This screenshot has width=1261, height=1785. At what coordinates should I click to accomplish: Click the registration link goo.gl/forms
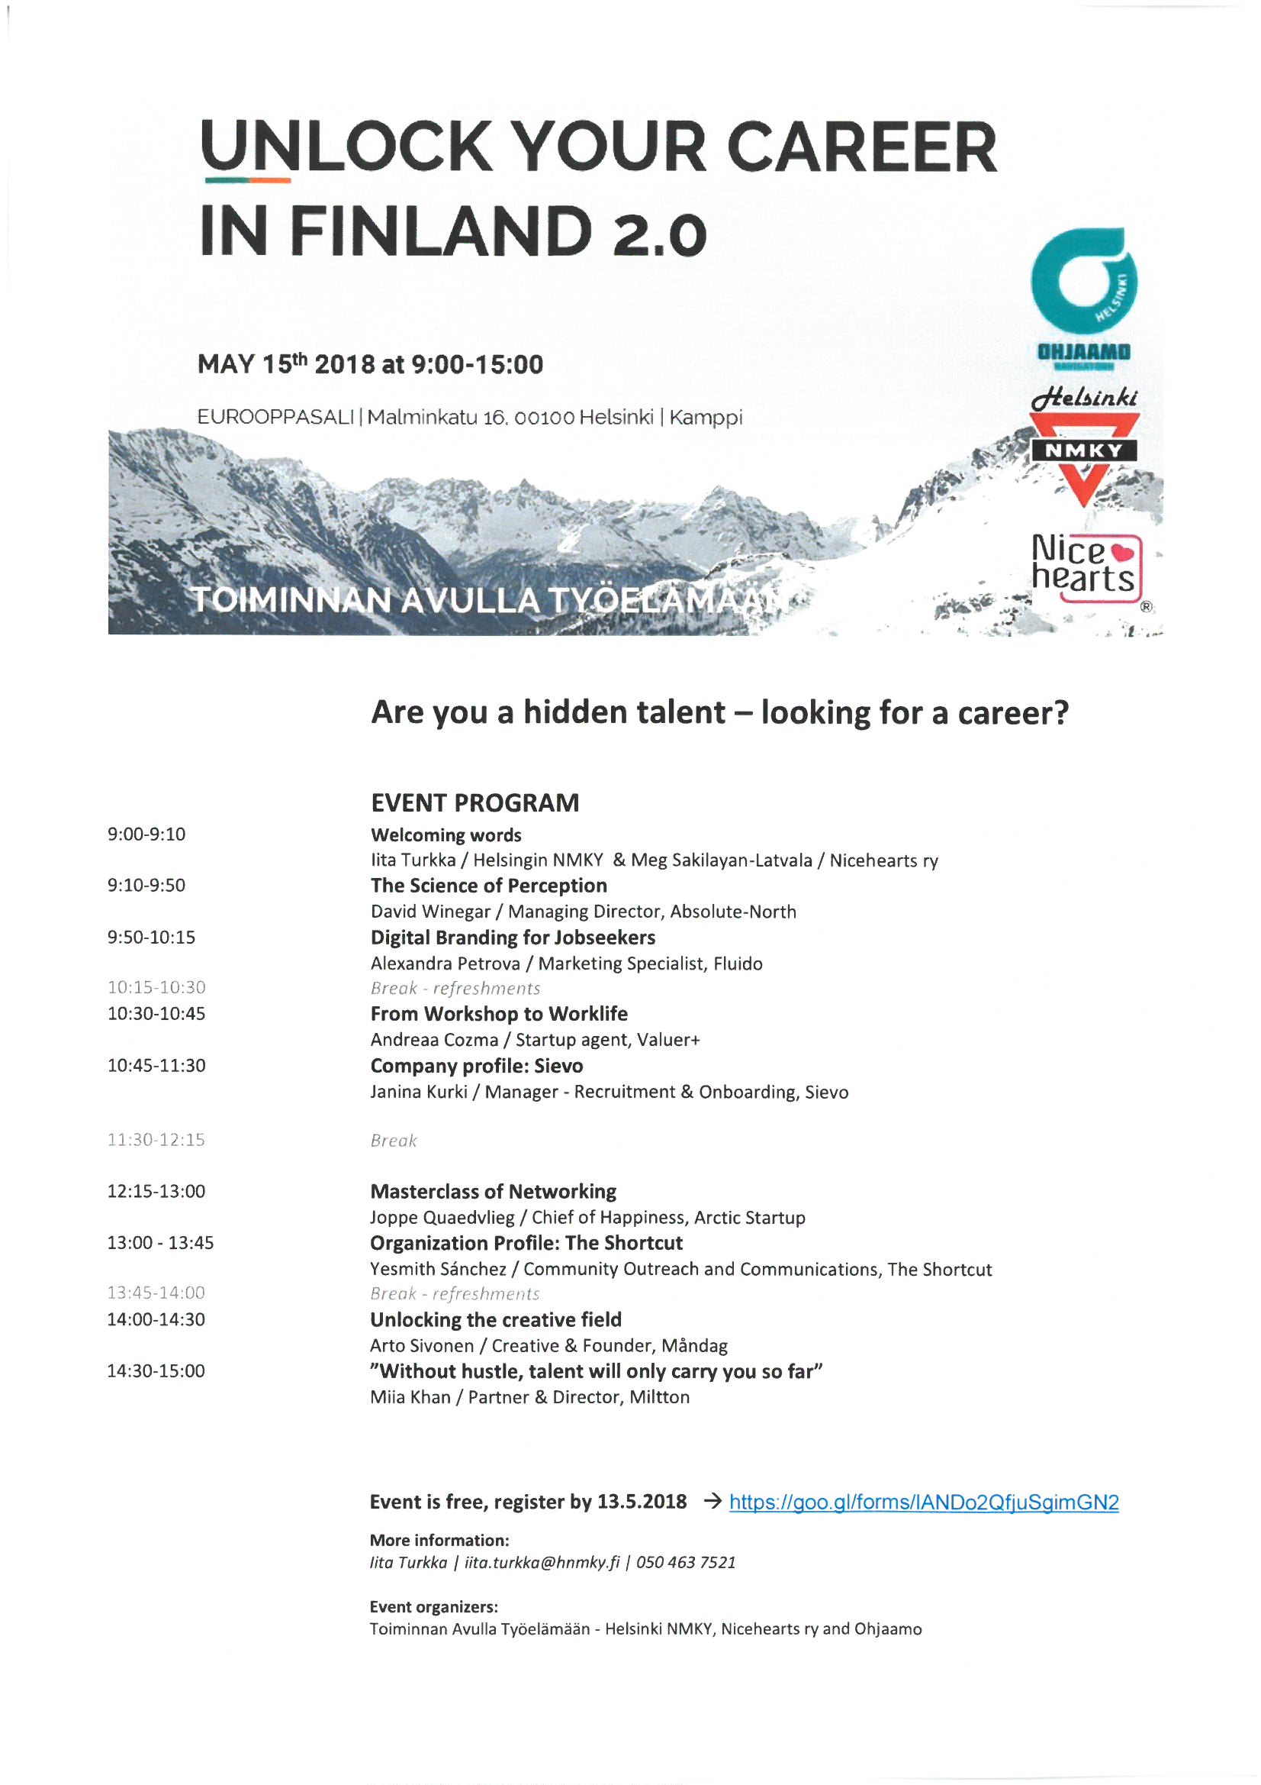pos(923,1502)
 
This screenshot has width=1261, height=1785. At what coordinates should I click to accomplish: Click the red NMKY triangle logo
pos(1084,457)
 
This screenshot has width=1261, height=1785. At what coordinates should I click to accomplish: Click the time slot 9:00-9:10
pos(146,834)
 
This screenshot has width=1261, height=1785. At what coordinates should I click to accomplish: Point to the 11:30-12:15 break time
pos(156,1140)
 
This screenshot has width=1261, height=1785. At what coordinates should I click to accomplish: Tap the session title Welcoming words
pos(446,835)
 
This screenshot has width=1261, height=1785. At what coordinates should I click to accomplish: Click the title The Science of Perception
pos(489,886)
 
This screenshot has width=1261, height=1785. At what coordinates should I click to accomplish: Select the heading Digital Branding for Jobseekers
pos(513,938)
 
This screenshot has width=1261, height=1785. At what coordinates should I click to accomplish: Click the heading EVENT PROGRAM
pos(474,802)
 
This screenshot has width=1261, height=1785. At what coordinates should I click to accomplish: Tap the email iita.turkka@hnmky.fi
pos(542,1563)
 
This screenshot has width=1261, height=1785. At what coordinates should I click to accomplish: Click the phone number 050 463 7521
pos(686,1563)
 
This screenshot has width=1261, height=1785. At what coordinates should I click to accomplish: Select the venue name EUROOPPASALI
pos(276,418)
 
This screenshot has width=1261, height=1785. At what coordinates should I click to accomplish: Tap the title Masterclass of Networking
pos(494,1192)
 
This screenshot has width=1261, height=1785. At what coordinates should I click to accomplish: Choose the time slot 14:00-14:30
pos(156,1319)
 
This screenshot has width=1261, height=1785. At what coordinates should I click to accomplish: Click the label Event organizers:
pos(433,1607)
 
